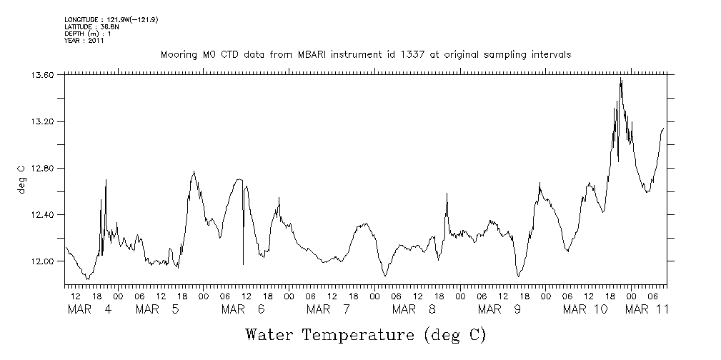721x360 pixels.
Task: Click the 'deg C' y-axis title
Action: click(21, 179)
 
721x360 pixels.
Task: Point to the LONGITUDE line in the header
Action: click(111, 19)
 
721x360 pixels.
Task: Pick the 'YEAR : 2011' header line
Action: click(84, 41)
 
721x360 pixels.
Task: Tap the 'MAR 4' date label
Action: click(89, 309)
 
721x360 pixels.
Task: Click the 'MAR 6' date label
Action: click(244, 309)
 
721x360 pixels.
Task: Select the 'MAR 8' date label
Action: click(415, 309)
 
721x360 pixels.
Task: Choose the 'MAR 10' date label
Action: click(585, 309)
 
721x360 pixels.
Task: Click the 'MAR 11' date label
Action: click(647, 309)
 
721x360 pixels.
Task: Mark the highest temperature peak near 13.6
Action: click(621, 79)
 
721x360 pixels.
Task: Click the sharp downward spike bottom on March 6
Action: click(243, 264)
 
